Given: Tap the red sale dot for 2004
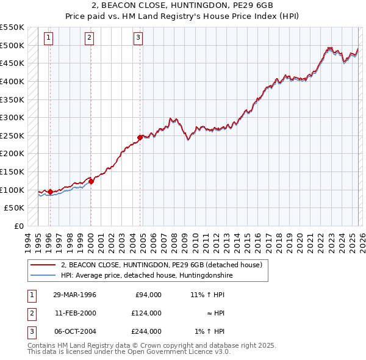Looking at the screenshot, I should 140,138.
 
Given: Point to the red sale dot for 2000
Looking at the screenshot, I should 91,181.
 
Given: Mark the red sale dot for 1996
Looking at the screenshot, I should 50,192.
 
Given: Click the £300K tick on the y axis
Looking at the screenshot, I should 13,117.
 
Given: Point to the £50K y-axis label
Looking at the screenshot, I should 15,208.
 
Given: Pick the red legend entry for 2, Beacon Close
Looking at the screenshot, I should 162,265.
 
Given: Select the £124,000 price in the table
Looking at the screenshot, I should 146,313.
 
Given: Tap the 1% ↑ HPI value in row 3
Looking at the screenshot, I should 210,331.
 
